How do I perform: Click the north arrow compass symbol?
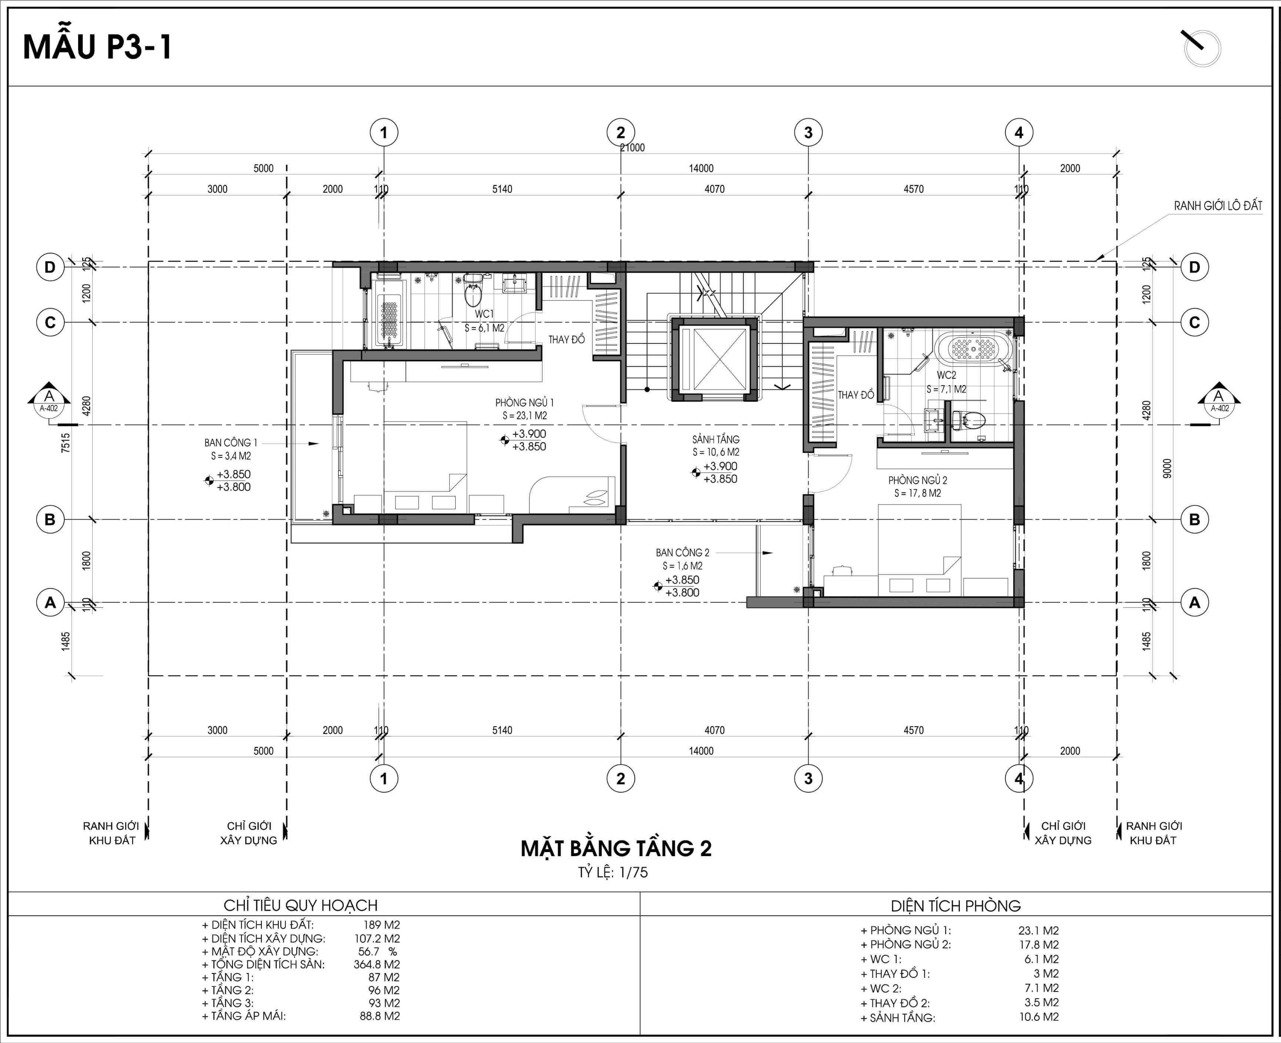coord(1202,48)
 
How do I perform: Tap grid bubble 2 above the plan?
coord(620,132)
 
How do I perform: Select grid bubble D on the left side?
coord(50,267)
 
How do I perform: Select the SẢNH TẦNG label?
coord(715,439)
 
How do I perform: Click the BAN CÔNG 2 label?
coord(682,552)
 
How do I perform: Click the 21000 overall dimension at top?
coord(633,148)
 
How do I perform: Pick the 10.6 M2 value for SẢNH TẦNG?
coord(1039,1017)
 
